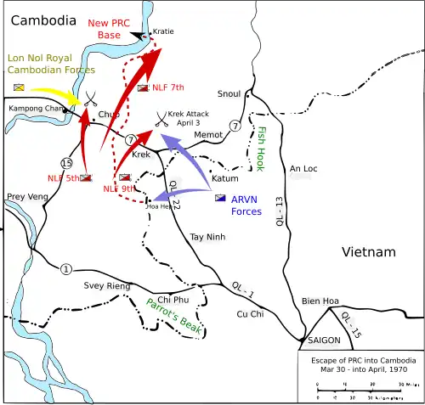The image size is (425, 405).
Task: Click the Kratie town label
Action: tap(162, 31)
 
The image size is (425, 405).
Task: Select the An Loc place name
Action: tap(303, 169)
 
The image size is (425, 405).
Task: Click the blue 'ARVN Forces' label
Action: tap(246, 205)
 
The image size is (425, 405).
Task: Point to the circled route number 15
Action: tap(42, 162)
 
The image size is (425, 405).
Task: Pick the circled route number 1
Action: tap(65, 270)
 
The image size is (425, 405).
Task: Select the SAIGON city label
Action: tap(323, 341)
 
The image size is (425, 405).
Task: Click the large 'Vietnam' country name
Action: tap(368, 252)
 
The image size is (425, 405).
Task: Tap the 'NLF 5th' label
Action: tap(63, 177)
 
